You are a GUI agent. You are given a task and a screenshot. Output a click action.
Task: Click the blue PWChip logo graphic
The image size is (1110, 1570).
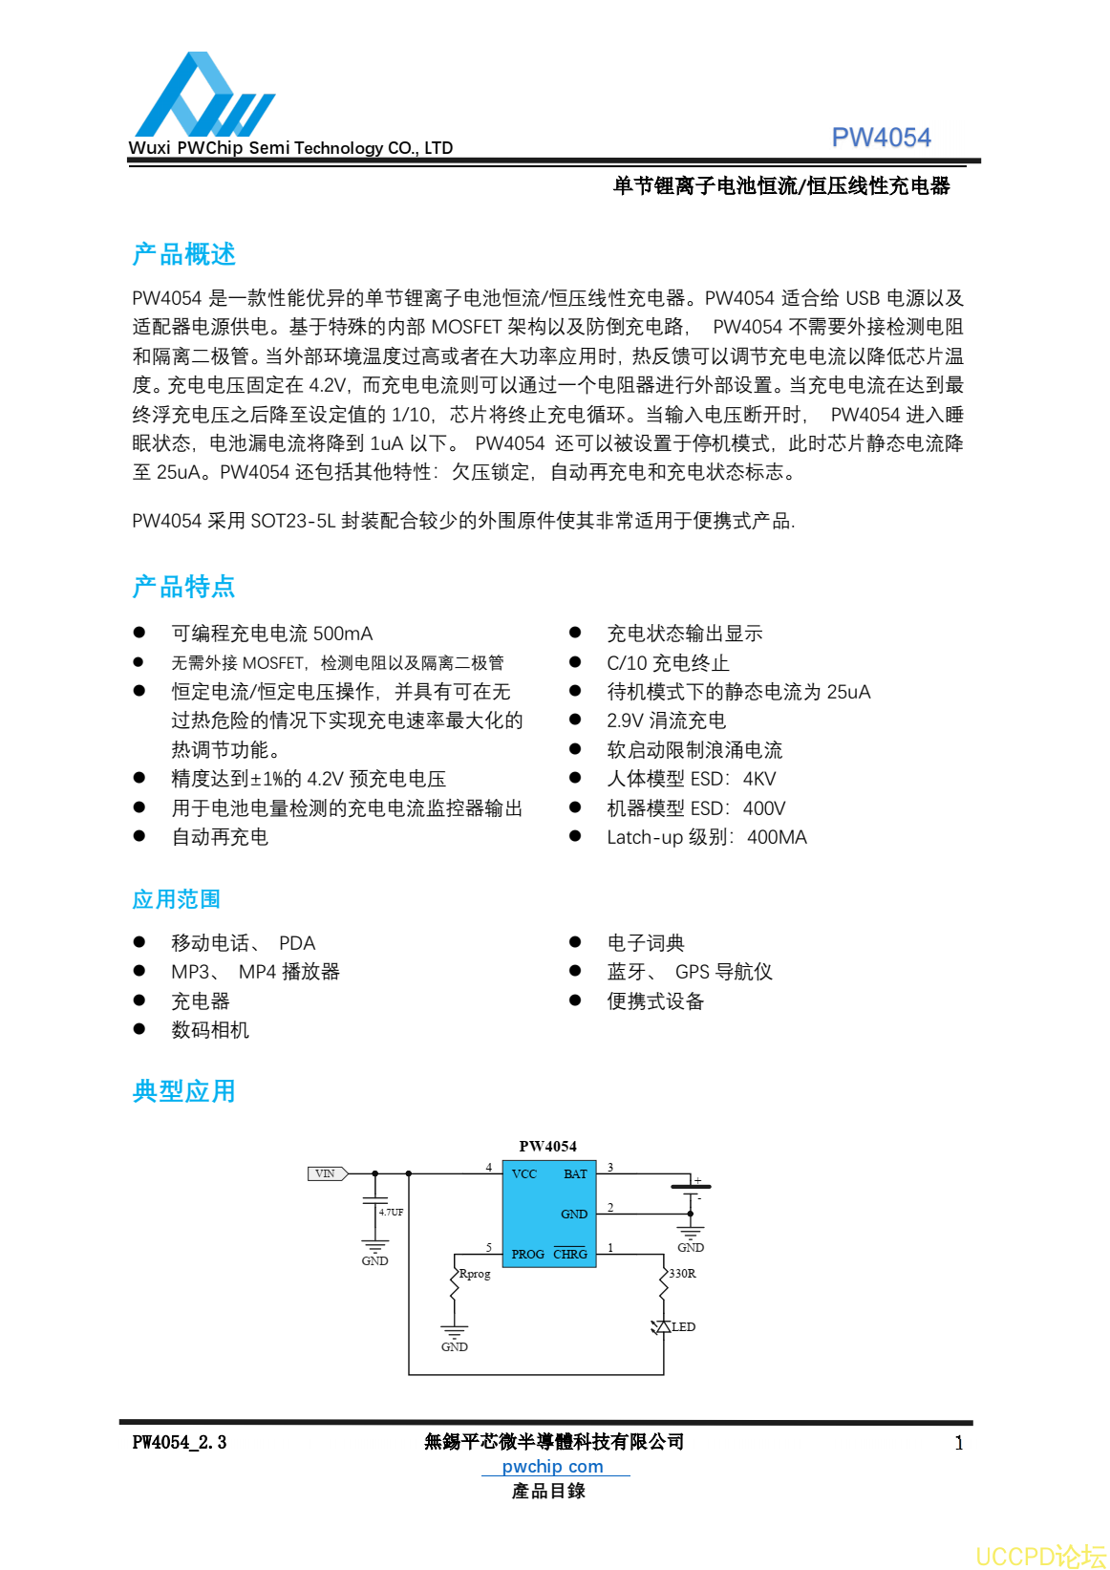click(x=203, y=97)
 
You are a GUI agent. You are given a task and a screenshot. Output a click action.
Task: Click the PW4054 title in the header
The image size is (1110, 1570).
click(x=881, y=138)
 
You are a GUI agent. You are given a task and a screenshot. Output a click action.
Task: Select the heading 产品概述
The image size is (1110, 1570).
click(x=183, y=254)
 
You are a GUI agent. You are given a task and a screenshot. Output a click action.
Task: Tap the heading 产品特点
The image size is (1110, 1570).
click(x=183, y=586)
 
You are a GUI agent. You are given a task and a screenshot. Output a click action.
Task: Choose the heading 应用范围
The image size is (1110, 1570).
click(x=176, y=899)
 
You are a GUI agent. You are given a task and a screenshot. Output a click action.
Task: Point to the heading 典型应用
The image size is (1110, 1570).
click(x=183, y=1090)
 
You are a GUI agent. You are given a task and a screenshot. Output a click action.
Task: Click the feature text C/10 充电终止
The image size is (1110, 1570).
click(x=668, y=663)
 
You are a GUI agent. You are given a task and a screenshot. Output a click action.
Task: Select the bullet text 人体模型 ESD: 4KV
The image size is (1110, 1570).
click(x=692, y=779)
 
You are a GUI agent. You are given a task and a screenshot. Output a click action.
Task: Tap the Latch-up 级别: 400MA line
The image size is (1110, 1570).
click(x=707, y=837)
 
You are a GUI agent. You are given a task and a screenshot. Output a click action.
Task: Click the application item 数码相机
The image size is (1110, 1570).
click(x=210, y=1030)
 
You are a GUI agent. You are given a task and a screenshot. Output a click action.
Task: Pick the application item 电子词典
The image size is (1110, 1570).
click(x=646, y=943)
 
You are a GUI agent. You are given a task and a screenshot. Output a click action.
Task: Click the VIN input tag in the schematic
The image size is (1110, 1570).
click(x=326, y=1173)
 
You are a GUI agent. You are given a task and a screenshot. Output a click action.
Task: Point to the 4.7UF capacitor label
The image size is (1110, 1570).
click(x=391, y=1212)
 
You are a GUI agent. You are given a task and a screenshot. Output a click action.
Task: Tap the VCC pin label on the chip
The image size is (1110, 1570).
click(x=524, y=1173)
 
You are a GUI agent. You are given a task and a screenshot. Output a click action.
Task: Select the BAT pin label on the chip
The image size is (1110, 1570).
click(x=575, y=1173)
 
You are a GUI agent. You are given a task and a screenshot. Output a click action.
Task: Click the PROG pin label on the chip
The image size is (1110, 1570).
click(x=527, y=1254)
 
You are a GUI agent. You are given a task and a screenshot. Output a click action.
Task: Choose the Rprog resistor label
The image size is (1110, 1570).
click(x=475, y=1274)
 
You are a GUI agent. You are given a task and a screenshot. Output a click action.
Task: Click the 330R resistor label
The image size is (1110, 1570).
click(x=682, y=1274)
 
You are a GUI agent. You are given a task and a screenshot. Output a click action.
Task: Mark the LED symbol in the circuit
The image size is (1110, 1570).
click(x=662, y=1326)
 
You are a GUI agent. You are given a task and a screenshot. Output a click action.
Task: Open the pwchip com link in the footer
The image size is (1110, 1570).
click(x=552, y=1466)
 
